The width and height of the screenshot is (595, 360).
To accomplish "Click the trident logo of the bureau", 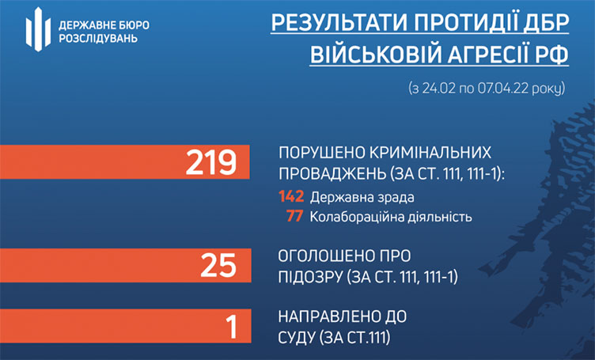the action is click(38, 29).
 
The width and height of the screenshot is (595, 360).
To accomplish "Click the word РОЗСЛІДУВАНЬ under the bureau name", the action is click(98, 39).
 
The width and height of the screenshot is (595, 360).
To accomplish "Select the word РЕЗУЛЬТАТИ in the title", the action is click(339, 23).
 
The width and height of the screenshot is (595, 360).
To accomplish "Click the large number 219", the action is click(211, 162).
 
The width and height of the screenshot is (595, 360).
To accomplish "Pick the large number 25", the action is click(218, 265).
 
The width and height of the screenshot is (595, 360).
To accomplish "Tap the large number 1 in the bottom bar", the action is click(232, 326).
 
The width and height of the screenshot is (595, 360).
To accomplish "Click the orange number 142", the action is click(291, 196).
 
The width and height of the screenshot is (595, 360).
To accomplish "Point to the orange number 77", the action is click(295, 216).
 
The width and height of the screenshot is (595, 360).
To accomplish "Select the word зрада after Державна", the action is click(395, 198).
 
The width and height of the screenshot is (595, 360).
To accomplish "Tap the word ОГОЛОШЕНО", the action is click(324, 256).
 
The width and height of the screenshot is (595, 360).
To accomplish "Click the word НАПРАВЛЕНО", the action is click(328, 316).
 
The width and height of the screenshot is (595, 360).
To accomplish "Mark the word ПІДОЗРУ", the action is click(311, 277).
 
